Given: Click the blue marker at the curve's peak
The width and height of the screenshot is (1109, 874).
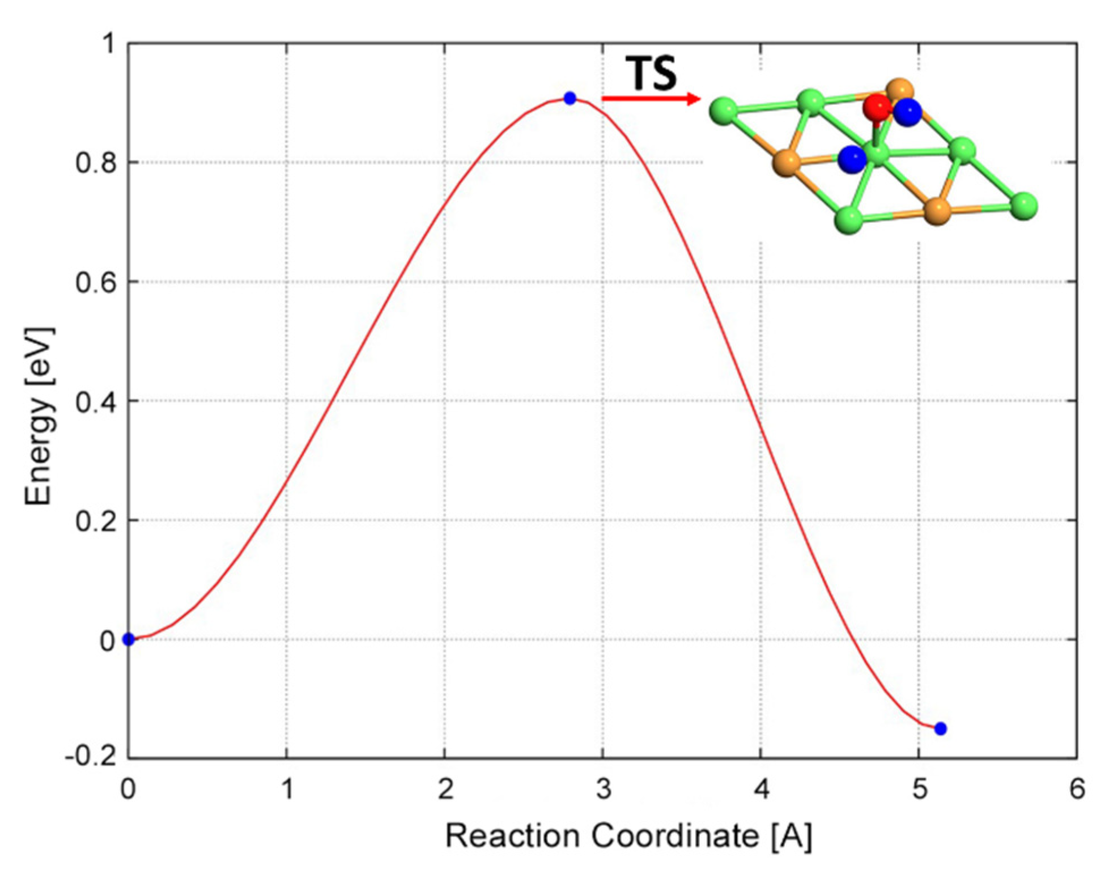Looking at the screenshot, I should point(570,99).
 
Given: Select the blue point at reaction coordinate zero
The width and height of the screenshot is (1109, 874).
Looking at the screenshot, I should point(129,639).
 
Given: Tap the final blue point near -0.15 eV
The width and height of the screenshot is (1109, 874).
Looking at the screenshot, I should point(941,729).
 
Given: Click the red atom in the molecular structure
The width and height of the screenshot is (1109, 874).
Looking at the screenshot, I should point(877,108).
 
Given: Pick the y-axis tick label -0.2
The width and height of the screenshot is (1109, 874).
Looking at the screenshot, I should point(90,758).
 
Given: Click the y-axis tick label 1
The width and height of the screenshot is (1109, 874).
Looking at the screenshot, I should point(108,44).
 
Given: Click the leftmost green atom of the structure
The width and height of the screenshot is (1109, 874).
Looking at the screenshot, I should point(724,110).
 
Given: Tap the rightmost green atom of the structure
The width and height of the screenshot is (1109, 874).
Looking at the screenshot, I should point(1023,206).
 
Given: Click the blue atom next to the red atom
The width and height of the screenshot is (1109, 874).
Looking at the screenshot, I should point(908,112).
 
